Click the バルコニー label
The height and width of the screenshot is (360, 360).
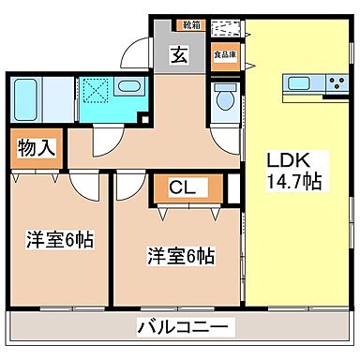pyautogui.click(x=181, y=327)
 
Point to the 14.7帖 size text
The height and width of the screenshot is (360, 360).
pyautogui.click(x=294, y=180)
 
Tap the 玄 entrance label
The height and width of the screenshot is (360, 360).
pyautogui.click(x=177, y=54)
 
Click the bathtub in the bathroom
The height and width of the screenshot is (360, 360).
pyautogui.click(x=26, y=97)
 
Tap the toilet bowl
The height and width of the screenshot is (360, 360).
pyautogui.click(x=225, y=100)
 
